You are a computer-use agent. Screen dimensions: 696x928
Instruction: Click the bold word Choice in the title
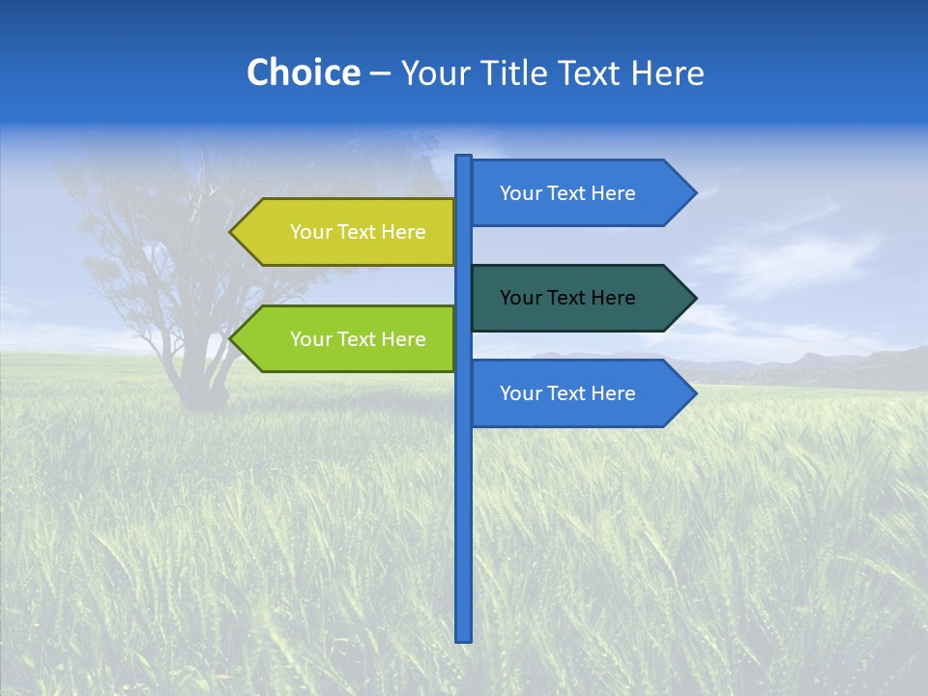coord(303,73)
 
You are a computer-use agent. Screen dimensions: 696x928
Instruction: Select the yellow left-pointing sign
coord(348,232)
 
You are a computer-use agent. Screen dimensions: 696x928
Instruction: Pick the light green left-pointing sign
coord(348,339)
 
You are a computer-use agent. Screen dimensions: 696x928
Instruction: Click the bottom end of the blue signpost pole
coord(464,637)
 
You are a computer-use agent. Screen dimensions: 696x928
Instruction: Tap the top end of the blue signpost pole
coord(464,159)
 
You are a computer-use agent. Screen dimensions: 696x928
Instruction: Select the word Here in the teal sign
coord(613,298)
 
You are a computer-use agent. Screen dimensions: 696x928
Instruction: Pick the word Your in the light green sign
coord(310,339)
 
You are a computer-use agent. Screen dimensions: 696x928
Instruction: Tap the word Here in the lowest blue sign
coord(613,393)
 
